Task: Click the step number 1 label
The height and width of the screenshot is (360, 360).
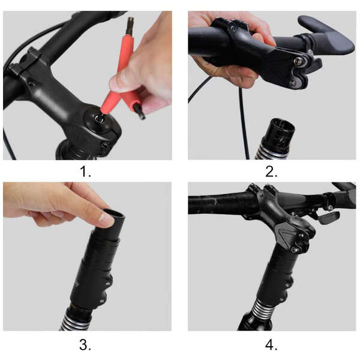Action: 85,172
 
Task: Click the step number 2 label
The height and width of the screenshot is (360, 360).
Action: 271,172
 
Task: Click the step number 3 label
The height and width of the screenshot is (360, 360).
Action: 85,344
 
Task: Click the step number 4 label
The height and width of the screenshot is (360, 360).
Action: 271,344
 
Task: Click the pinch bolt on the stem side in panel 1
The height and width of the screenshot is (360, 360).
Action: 106,145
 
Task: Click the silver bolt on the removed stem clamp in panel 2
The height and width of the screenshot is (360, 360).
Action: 298,61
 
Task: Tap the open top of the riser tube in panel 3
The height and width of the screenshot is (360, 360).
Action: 114,214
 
